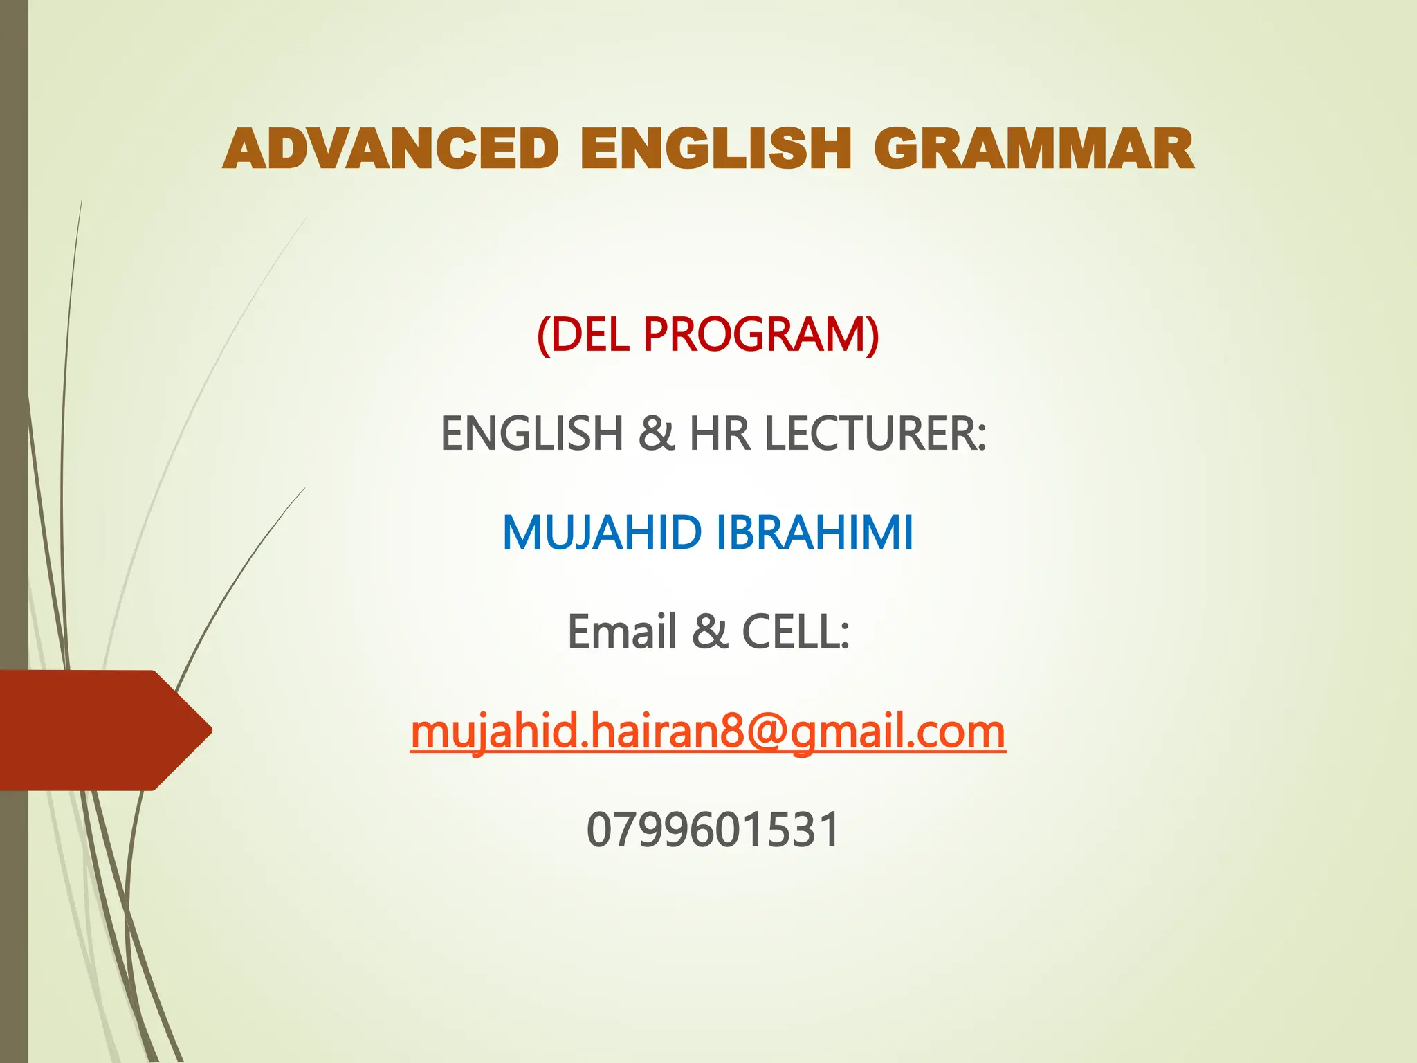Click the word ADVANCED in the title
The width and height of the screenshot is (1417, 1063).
391,149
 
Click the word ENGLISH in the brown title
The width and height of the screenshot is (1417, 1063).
715,149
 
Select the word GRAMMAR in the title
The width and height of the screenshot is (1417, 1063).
1034,149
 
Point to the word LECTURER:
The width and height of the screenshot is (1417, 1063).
875,434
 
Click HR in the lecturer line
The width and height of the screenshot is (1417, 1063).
720,434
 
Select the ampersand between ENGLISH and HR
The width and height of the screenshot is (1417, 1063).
656,434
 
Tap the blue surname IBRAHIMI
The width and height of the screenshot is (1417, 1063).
814,533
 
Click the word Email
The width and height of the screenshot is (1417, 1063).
622,632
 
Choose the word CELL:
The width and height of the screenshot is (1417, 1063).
796,632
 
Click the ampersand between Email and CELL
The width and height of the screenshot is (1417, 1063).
710,632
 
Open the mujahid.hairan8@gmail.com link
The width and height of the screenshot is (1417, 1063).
708,732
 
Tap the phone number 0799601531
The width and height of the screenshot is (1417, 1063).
713,830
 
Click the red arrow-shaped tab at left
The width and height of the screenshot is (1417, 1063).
97,730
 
